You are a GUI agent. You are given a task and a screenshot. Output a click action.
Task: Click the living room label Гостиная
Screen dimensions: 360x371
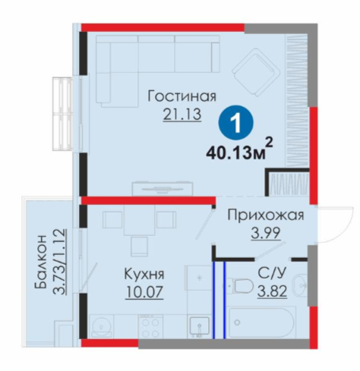[182, 96]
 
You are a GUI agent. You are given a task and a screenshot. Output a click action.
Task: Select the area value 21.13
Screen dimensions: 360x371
[182, 115]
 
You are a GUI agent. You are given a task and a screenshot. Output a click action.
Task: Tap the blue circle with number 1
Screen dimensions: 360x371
[236, 123]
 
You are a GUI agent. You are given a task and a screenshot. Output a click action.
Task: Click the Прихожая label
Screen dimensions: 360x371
[266, 215]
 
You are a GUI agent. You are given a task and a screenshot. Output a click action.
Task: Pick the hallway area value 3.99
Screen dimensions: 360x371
[266, 233]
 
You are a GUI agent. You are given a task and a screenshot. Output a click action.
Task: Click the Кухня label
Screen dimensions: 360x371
[144, 274]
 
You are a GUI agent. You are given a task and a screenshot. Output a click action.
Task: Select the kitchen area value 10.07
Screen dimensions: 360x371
[144, 292]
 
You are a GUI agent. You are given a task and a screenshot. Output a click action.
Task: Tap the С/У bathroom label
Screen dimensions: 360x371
[272, 273]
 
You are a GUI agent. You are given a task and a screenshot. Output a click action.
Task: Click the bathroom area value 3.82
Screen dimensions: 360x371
[272, 291]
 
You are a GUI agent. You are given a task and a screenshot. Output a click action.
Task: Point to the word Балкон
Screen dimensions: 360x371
[40, 262]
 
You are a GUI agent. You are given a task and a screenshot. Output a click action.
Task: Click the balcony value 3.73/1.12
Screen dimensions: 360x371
[59, 262]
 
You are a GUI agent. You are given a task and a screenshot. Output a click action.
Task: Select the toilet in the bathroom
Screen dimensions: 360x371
[240, 286]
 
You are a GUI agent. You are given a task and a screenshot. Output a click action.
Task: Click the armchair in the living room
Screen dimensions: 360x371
[257, 72]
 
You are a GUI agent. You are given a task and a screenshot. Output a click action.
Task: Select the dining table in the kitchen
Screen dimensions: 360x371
[139, 220]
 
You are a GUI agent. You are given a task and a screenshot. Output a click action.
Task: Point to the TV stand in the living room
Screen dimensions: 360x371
[163, 188]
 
